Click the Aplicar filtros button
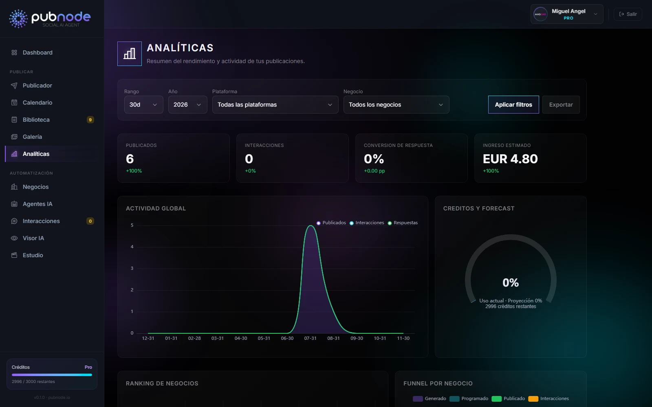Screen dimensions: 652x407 513,105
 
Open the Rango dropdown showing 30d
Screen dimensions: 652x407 144,105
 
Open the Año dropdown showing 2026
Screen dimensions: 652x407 188,105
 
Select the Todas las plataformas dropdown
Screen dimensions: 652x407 275,105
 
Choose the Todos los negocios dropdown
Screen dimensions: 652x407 396,105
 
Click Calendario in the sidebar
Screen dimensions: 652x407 37,103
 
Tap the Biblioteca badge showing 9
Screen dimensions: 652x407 90,120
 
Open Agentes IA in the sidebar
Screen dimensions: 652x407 37,204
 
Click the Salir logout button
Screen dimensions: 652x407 628,14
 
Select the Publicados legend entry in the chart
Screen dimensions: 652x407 331,223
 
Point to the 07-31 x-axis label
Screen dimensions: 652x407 310,338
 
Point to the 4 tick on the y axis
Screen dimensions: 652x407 132,247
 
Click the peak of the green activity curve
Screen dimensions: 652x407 311,225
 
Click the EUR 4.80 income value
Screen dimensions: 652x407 510,159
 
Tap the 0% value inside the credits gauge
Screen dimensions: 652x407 511,282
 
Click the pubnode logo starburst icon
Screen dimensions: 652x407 18,19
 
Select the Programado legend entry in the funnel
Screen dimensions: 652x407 469,398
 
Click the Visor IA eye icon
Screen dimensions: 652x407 14,239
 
